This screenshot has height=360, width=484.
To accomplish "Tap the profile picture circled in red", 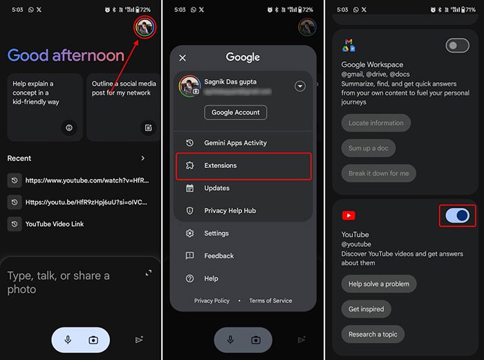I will (145, 28).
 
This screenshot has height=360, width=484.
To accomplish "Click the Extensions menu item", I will (220, 166).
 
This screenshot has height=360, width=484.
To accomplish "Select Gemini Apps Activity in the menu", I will (235, 143).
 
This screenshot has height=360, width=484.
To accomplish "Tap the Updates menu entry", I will (216, 188).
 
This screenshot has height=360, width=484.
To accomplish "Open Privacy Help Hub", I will (230, 211).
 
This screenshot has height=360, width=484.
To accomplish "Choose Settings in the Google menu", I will (216, 234).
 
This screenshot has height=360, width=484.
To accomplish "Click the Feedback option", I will (218, 256).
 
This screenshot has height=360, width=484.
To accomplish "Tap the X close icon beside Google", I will (183, 58).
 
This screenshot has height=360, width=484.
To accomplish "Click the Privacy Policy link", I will (212, 301).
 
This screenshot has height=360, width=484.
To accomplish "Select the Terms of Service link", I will (270, 301).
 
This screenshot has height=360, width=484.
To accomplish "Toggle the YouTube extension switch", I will (457, 216).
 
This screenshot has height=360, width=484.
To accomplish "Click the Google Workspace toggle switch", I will (457, 46).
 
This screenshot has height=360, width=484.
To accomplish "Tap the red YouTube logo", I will (349, 216).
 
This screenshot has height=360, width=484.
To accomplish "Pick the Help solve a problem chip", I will (378, 284).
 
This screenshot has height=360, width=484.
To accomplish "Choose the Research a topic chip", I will (373, 334).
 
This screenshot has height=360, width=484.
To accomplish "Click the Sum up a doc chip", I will (369, 148).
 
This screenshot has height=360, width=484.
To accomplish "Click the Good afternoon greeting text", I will (66, 55).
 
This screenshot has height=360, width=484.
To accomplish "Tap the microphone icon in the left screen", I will (68, 340).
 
